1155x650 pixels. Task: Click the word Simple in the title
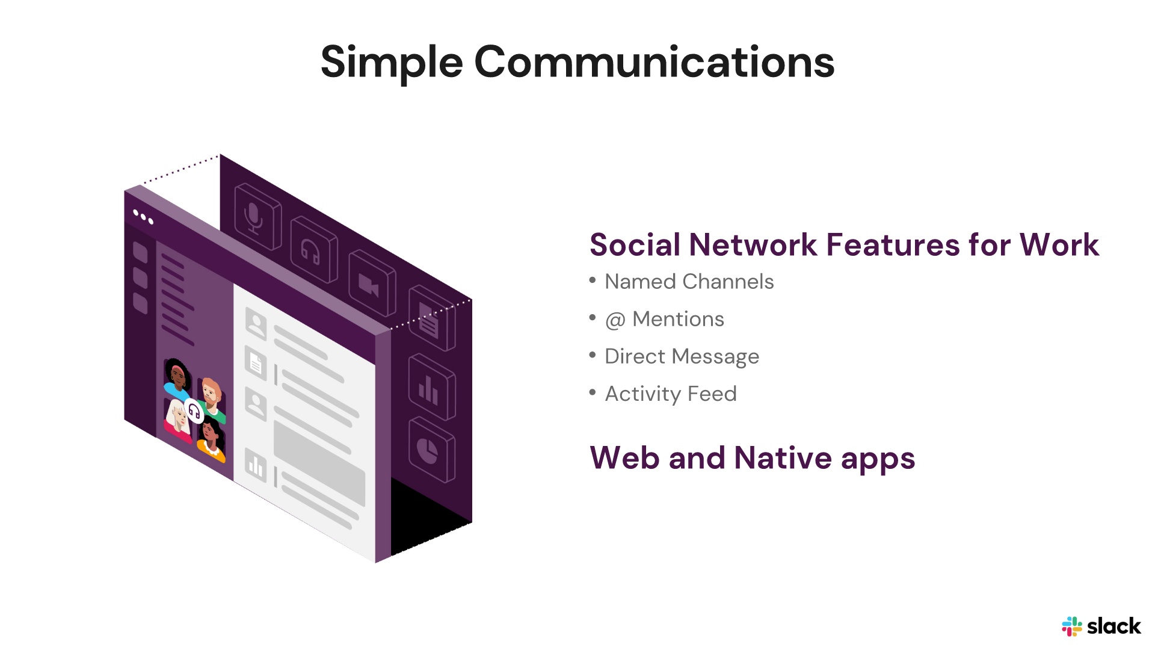(391, 63)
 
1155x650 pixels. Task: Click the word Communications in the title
(654, 63)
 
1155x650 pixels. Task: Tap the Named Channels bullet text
(689, 282)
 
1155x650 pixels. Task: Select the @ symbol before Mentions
(615, 320)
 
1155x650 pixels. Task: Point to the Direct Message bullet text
(682, 356)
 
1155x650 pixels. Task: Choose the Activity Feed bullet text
(670, 394)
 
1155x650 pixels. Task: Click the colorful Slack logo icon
(1071, 627)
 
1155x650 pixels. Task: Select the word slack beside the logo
(1113, 627)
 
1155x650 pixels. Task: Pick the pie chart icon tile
(431, 450)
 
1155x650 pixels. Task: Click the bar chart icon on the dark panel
(431, 388)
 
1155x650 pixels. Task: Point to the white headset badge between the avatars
(194, 411)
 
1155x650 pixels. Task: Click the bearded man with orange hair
(211, 394)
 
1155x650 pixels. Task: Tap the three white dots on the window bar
(143, 217)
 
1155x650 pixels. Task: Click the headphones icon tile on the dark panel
(313, 250)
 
